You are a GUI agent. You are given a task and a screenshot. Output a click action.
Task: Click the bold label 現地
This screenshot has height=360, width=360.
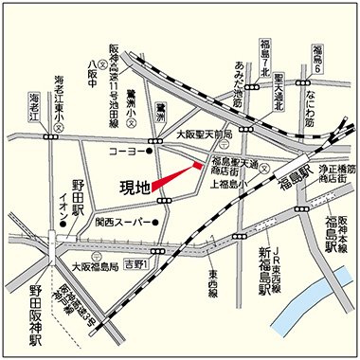[135, 187]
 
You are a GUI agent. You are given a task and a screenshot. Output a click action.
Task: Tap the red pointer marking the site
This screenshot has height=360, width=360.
[176, 177]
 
